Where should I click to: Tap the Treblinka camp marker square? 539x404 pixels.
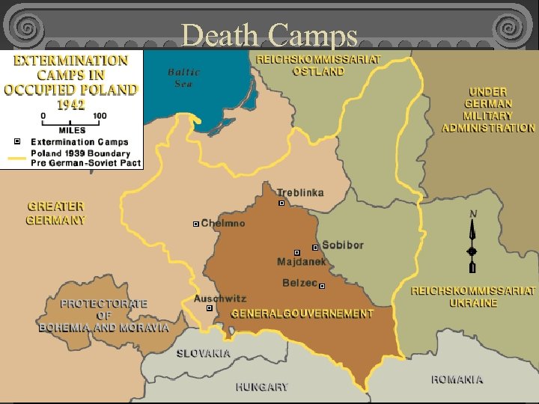pos(281,203)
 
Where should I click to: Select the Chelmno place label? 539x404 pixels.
pos(223,224)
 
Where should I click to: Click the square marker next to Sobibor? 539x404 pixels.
pos(315,247)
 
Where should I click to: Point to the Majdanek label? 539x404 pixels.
pos(302,262)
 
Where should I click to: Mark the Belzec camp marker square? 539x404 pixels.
pos(322,286)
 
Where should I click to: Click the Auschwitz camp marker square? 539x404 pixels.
pos(210,307)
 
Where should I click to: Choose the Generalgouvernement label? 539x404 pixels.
pos(302,313)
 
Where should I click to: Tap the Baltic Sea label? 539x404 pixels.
pos(183,78)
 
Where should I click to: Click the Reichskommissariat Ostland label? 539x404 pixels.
pos(318,65)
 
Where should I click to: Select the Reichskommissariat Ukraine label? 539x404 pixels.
pos(473,296)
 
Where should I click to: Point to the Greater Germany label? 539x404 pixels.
pos(56,213)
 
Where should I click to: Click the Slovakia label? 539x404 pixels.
pos(204,353)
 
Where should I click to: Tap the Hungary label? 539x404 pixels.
pos(261,387)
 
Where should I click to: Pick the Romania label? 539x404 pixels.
pos(457,379)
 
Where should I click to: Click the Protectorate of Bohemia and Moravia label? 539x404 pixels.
pos(104,316)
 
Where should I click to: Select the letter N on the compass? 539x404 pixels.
pos(472,214)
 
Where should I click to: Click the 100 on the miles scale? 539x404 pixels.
pos(100,116)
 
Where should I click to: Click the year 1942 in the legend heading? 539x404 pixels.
pos(73,104)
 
